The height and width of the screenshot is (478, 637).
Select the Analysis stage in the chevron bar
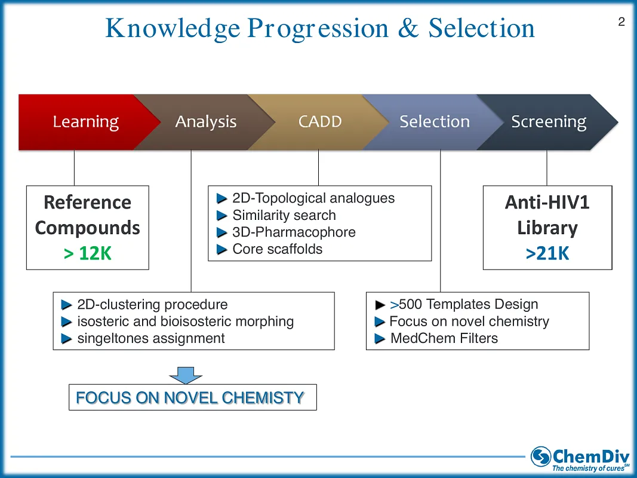(205, 122)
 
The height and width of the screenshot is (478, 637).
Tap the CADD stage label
(320, 122)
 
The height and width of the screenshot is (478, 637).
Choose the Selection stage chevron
(434, 122)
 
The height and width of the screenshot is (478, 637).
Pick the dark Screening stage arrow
(548, 122)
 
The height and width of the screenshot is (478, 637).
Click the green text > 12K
(87, 254)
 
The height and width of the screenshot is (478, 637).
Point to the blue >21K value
(547, 254)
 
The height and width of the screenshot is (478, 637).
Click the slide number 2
(621, 22)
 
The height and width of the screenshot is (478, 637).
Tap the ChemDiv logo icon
(541, 456)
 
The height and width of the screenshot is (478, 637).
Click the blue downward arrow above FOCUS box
(186, 375)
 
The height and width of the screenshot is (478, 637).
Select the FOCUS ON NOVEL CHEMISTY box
(192, 397)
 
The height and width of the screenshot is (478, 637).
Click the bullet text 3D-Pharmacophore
(294, 232)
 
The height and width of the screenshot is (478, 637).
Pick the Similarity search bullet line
(284, 215)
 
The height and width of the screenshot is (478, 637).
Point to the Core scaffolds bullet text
(277, 249)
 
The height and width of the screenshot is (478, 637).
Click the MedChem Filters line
(444, 338)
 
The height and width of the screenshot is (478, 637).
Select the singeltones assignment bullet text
(151, 338)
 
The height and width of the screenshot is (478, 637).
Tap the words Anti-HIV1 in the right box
(547, 203)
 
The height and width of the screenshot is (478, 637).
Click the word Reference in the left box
(87, 203)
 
